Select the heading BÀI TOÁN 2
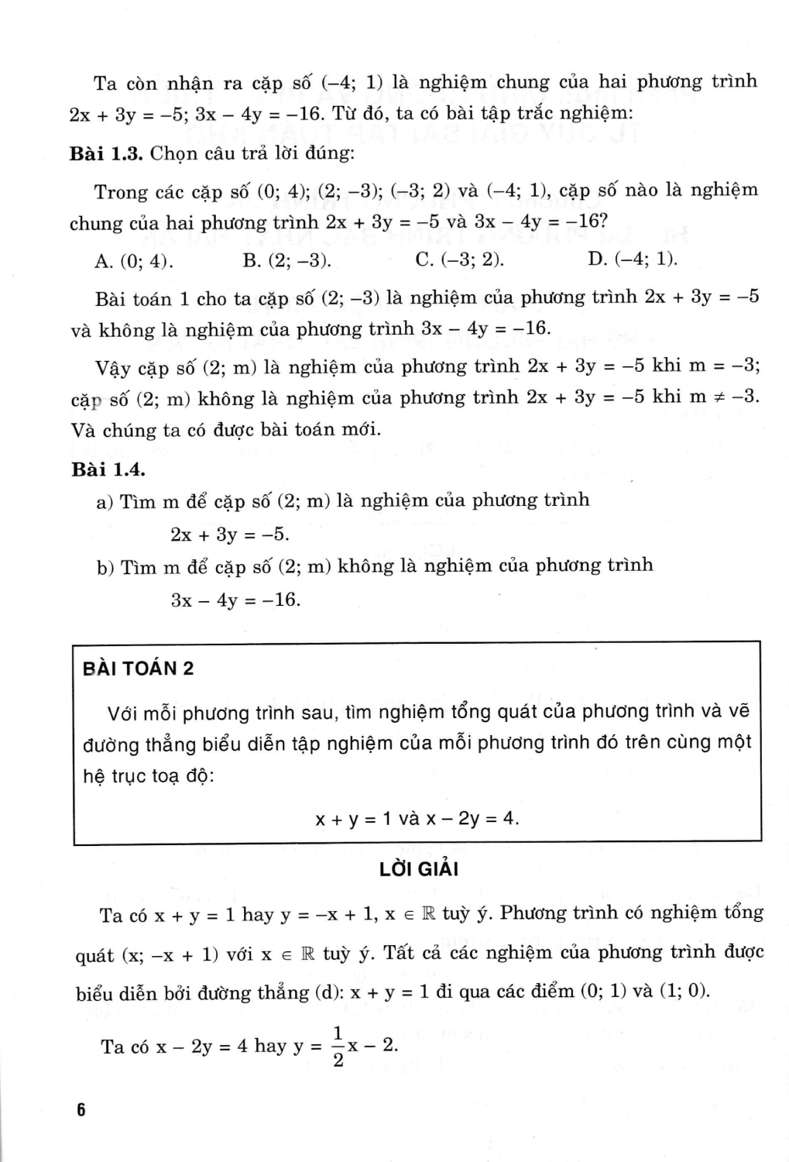point(138,669)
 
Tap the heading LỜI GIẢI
point(419,869)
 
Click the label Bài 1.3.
point(106,153)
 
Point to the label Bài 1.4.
point(108,469)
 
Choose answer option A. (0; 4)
point(133,260)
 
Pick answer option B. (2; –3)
point(286,260)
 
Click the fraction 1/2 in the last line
point(338,1046)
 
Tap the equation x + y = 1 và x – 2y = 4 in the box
point(417,818)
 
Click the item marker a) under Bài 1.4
point(105,502)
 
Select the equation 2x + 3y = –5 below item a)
point(230,535)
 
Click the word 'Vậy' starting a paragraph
point(113,367)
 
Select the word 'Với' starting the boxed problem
point(122,712)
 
